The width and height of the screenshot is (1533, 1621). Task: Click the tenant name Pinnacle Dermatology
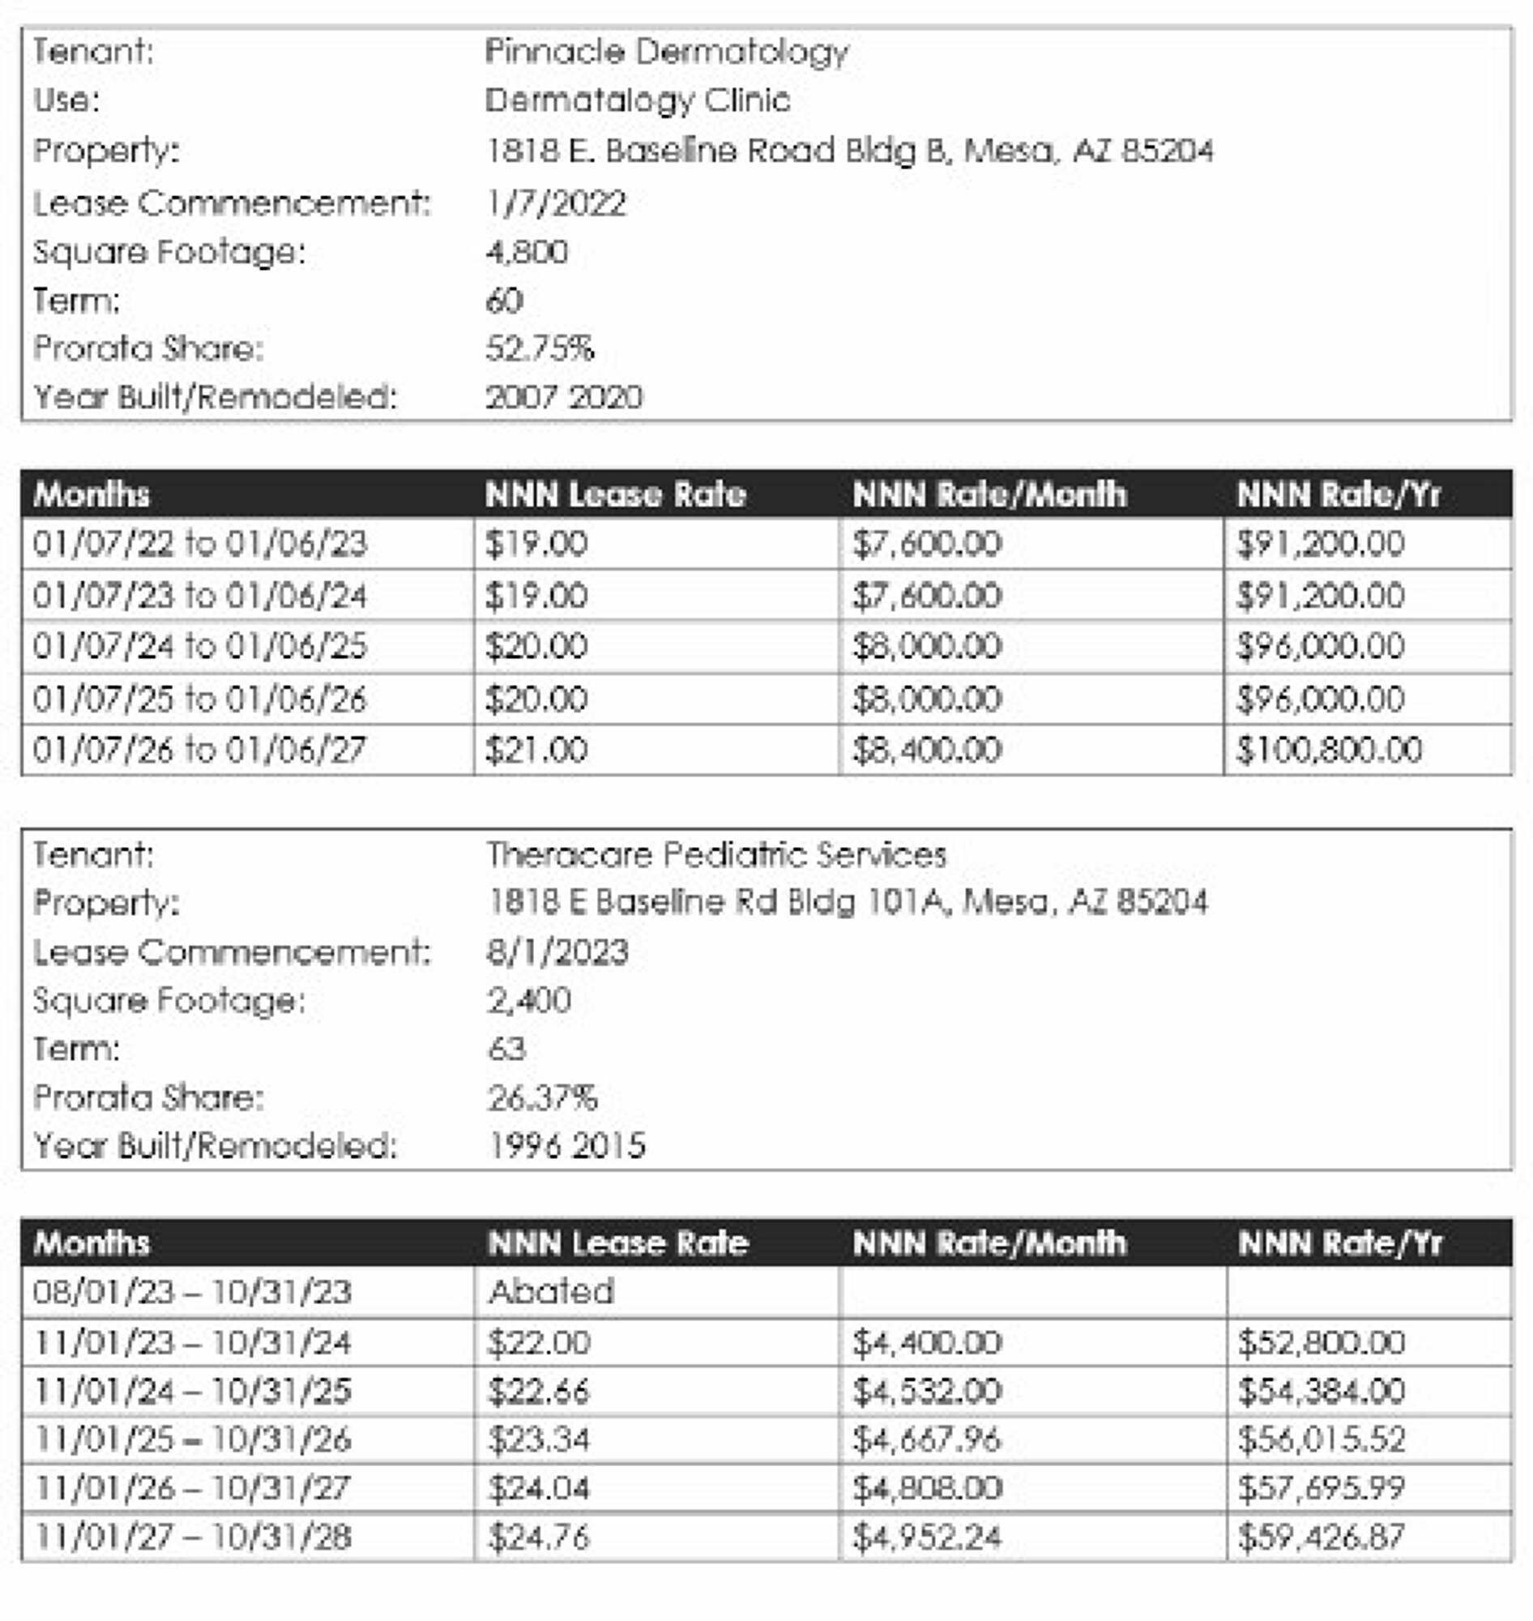click(667, 52)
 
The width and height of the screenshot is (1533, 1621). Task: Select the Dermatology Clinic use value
click(638, 101)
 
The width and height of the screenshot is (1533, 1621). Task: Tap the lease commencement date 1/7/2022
click(557, 203)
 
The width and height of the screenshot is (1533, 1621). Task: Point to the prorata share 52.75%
click(540, 349)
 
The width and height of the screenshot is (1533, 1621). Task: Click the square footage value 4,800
click(526, 252)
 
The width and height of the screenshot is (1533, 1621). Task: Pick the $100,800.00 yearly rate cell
click(1329, 750)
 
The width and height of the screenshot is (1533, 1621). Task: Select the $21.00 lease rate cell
click(536, 750)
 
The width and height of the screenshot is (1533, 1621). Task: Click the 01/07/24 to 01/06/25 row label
click(200, 647)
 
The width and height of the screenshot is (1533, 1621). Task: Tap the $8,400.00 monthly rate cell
click(927, 750)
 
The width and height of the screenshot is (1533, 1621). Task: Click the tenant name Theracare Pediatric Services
click(716, 855)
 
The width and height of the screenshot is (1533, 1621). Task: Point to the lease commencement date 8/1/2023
click(557, 952)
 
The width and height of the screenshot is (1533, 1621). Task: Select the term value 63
click(506, 1049)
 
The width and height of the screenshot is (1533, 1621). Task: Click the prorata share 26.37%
click(542, 1098)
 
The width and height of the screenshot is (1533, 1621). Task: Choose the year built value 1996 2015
click(566, 1146)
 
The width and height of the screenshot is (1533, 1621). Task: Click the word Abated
click(551, 1292)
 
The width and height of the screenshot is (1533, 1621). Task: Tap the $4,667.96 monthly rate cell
click(927, 1439)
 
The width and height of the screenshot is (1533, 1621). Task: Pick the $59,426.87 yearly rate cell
click(1321, 1537)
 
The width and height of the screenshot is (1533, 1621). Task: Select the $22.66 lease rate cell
click(538, 1391)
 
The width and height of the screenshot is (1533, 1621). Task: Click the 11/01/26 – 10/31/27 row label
click(193, 1489)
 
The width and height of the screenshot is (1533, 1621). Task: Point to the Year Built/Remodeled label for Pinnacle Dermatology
click(215, 397)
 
